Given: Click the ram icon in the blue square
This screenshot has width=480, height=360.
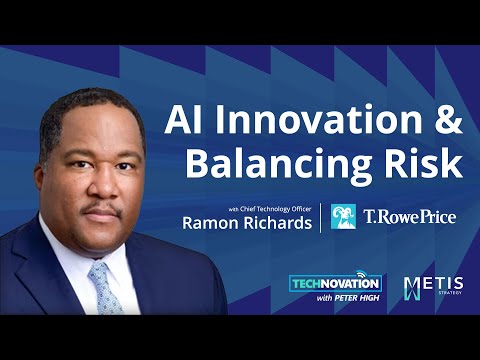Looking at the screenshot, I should point(344,218).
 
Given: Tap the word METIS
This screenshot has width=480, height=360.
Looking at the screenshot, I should point(440,284).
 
